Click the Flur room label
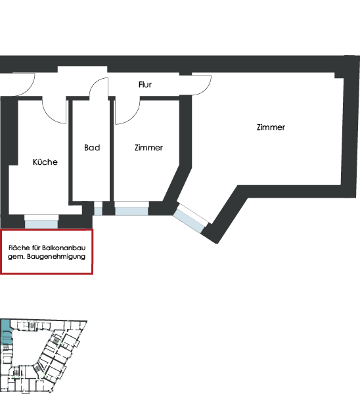145,85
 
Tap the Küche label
45,162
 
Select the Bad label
92,148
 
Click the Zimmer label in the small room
148,148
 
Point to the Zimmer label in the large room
271,127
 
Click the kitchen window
41,224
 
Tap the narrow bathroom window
99,211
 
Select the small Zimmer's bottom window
131,211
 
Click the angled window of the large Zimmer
189,221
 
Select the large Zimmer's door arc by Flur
207,88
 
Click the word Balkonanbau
64,248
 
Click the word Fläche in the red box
19,248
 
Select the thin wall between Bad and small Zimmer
112,150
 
